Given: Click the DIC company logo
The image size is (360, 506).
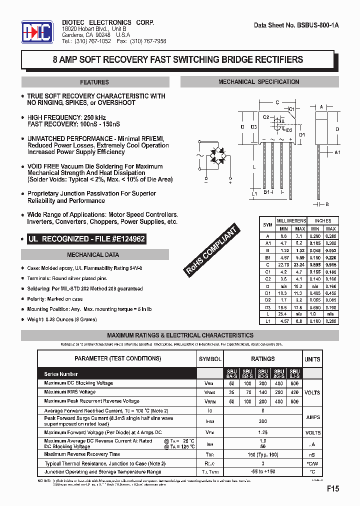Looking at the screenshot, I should coord(36,32).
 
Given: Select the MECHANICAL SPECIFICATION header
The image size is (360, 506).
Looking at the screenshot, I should coord(258,82).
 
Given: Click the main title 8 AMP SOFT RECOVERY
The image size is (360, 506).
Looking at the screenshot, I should coord(178,59).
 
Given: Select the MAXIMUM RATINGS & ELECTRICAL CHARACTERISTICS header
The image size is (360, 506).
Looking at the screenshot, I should coord(180,335).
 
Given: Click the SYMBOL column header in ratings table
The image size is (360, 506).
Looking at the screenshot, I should coord(210,359).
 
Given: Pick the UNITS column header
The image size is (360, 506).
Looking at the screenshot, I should coord(312,359).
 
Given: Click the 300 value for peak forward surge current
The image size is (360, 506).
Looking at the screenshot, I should coord(262,421).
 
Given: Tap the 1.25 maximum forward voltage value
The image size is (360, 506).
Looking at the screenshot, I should coord(262,432).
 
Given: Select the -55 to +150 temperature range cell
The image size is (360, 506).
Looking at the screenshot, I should coord(262,472).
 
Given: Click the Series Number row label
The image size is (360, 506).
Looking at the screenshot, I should coord(61,374).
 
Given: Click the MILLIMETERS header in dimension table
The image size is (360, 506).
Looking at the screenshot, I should coord(291,220).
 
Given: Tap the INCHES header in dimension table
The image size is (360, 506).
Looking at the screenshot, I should coord(322,220).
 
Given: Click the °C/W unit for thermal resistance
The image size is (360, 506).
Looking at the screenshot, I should coord(312,463).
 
